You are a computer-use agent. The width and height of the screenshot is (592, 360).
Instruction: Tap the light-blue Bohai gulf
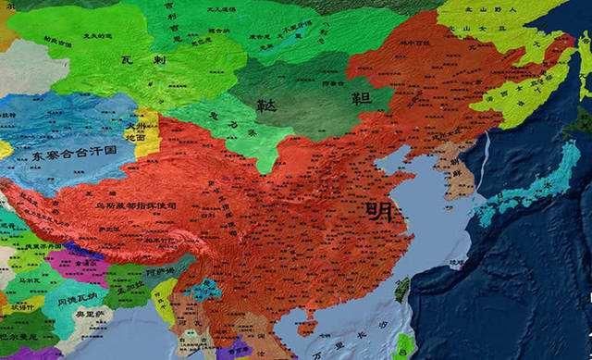pos(399,164)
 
